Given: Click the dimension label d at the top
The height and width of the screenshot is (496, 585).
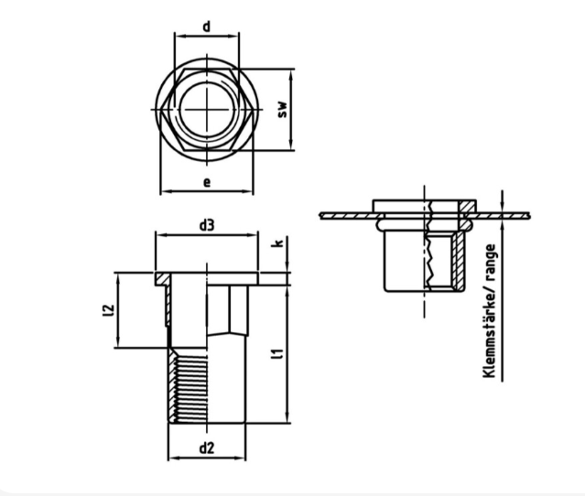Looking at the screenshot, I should pyautogui.click(x=207, y=27).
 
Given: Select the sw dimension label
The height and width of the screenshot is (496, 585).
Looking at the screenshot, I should pyautogui.click(x=283, y=109).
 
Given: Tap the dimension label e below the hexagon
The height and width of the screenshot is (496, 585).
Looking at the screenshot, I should pyautogui.click(x=207, y=182).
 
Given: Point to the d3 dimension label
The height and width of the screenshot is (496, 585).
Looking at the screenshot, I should pyautogui.click(x=207, y=224).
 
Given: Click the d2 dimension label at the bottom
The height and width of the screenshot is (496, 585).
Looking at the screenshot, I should pyautogui.click(x=207, y=447).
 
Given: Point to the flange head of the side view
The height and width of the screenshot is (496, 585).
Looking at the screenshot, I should pyautogui.click(x=207, y=276).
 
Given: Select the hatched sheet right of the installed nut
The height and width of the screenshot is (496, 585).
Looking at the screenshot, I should pyautogui.click(x=504, y=216).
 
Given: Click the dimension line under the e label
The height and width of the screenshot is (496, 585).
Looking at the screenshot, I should pyautogui.click(x=207, y=192).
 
